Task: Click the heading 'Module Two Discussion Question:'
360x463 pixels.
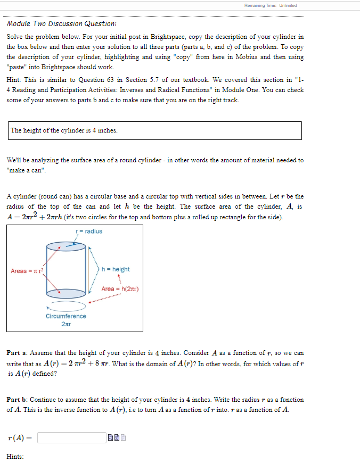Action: pyautogui.click(x=62, y=24)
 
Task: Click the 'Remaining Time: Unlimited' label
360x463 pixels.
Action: pyautogui.click(x=270, y=5)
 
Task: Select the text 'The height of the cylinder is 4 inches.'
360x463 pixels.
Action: pyautogui.click(x=64, y=130)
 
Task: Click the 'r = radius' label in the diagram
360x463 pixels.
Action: pyautogui.click(x=89, y=231)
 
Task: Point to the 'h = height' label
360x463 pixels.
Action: pyautogui.click(x=116, y=269)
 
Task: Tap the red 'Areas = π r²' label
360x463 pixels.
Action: pyautogui.click(x=27, y=271)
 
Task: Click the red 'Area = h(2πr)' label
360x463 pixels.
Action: pyautogui.click(x=120, y=288)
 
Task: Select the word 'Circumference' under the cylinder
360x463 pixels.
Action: pyautogui.click(x=66, y=316)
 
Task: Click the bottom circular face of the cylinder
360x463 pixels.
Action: pyautogui.click(x=66, y=292)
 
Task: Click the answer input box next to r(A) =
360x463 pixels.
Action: pyautogui.click(x=71, y=438)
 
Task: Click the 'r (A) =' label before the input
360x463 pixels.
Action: pyautogui.click(x=19, y=438)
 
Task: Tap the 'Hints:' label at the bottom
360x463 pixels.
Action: pyautogui.click(x=15, y=456)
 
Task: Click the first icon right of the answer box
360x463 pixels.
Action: pyautogui.click(x=110, y=438)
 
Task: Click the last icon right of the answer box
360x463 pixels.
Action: pyautogui.click(x=123, y=438)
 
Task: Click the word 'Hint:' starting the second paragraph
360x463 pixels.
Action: pyautogui.click(x=14, y=80)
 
